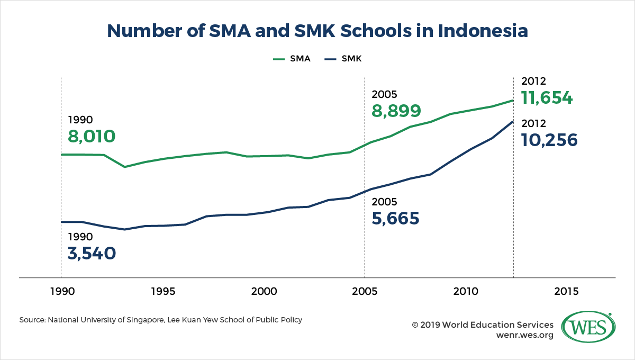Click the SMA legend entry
coord(292,59)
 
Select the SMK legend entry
coord(342,59)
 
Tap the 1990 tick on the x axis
coord(61,291)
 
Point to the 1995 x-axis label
coord(162,291)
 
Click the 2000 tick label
coord(264,291)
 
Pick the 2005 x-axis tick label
coord(365,291)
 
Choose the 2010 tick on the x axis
coord(466,291)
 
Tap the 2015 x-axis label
coord(567,291)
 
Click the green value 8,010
coord(92,137)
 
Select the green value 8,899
coord(396,111)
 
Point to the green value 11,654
coord(547,98)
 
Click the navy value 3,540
coord(92,253)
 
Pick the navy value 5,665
coord(395,218)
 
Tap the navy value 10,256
coord(549,140)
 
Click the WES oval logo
coord(586,329)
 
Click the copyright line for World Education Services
coord(483,325)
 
